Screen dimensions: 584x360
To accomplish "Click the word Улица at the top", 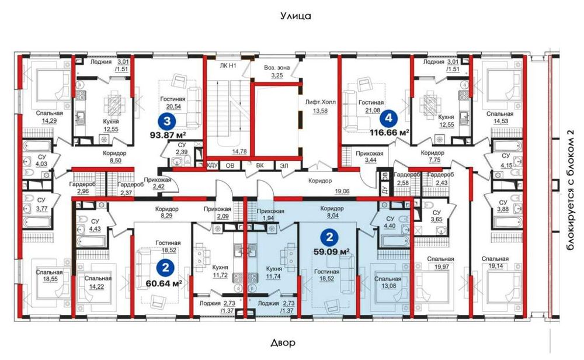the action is click(296, 16).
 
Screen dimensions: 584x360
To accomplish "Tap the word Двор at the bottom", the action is click(283, 342).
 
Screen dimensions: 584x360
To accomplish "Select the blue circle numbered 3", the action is click(167, 121).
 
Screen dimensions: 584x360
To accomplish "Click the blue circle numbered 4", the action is click(389, 119).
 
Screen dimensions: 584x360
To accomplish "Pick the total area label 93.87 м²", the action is click(168, 134).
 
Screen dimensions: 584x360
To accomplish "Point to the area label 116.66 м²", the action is click(390, 132).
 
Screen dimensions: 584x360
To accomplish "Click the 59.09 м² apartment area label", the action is click(331, 251).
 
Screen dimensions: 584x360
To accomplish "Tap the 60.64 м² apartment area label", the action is click(164, 283).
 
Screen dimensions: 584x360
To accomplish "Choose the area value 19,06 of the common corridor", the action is click(342, 191).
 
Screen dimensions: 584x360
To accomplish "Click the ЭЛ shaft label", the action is click(284, 165).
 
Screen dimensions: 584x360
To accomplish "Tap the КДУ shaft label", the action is click(212, 165).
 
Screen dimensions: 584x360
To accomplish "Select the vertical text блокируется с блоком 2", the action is click(569, 190).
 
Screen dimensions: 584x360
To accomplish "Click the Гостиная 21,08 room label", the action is click(371, 106).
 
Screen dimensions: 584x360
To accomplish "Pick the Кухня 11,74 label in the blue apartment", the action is click(274, 272).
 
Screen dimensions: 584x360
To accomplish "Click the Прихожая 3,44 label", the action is click(370, 157).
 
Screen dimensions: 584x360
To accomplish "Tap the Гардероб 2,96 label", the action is click(82, 188).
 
